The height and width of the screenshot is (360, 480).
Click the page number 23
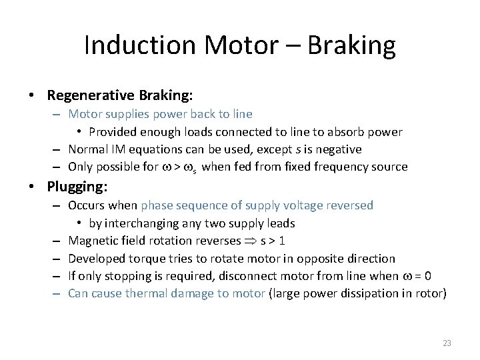(447, 343)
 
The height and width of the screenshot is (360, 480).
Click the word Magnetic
(93, 240)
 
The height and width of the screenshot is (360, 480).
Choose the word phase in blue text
(157, 205)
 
